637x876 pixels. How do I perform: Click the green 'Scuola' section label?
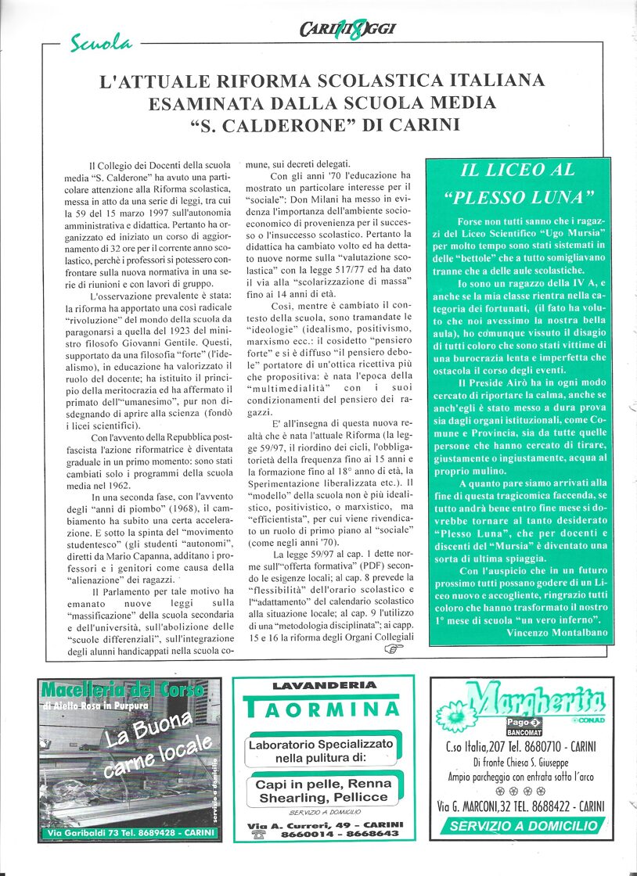click(x=101, y=43)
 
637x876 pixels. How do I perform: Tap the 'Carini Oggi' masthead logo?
click(x=347, y=30)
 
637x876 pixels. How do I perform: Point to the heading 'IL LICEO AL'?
click(x=517, y=170)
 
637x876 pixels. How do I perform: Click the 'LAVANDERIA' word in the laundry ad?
click(x=323, y=685)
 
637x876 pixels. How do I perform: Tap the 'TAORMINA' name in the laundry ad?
click(x=323, y=709)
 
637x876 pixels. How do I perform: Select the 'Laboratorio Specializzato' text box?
click(x=322, y=752)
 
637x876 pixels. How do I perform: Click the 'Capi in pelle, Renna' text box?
click(x=322, y=791)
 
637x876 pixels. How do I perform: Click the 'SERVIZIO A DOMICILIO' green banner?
click(x=524, y=826)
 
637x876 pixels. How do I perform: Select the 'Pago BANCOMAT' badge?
click(x=524, y=725)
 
